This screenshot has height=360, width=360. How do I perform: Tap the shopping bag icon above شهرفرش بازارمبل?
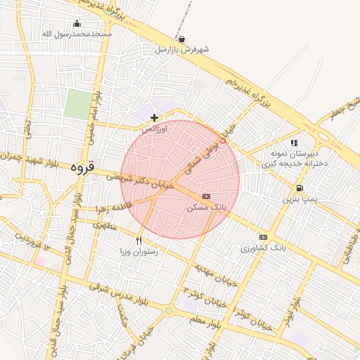tap(183, 39)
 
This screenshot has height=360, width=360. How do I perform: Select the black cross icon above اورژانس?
tap(154, 117)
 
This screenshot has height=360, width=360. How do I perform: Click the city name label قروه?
tap(82, 169)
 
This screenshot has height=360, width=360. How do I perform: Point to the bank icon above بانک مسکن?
tap(206, 197)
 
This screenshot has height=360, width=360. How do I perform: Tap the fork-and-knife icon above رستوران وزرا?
tap(139, 241)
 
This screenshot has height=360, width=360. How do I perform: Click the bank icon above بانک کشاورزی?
tap(264, 238)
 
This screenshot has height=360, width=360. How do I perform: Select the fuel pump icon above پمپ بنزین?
tap(300, 188)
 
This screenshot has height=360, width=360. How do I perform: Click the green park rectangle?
tap(78, 103)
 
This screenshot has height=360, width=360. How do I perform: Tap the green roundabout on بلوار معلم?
tap(169, 310)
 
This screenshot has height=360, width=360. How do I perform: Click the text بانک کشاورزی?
tap(264, 248)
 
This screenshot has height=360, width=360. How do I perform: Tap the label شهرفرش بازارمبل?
tap(183, 50)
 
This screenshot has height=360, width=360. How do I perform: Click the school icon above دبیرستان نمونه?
tap(303, 143)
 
